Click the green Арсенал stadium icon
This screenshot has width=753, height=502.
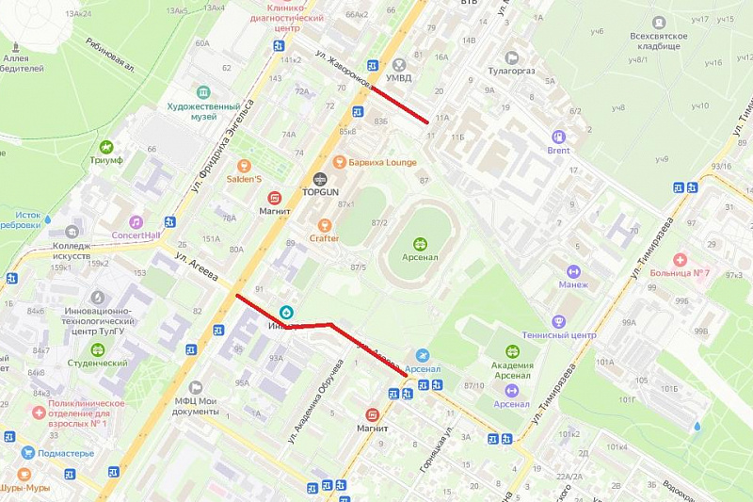[419, 245]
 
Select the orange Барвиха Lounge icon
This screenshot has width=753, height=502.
[340, 162]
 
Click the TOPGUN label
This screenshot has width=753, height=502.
[319, 191]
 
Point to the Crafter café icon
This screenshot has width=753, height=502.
[325, 225]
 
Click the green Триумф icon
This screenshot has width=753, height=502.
[106, 147]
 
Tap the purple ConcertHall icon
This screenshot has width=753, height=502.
[136, 222]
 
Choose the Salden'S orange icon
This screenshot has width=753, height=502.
[244, 166]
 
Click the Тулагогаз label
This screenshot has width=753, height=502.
[511, 70]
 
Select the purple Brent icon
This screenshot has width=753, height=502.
[558, 137]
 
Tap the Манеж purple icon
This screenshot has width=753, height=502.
[572, 272]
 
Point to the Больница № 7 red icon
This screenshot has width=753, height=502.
[679, 259]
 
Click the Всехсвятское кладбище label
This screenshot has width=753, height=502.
[659, 40]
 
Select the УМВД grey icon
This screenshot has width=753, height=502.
[402, 64]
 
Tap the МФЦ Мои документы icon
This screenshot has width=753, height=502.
[196, 387]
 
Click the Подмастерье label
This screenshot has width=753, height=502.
[66, 453]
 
